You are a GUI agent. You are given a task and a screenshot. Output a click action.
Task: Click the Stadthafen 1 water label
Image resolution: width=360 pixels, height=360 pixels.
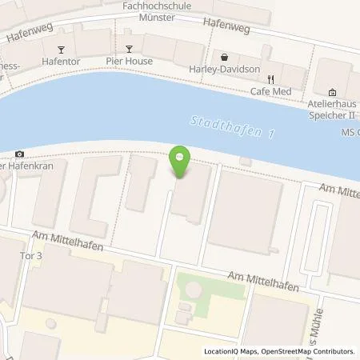click(x=231, y=127)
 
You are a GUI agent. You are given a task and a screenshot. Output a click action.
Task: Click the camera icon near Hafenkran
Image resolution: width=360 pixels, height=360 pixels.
click(x=19, y=154)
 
